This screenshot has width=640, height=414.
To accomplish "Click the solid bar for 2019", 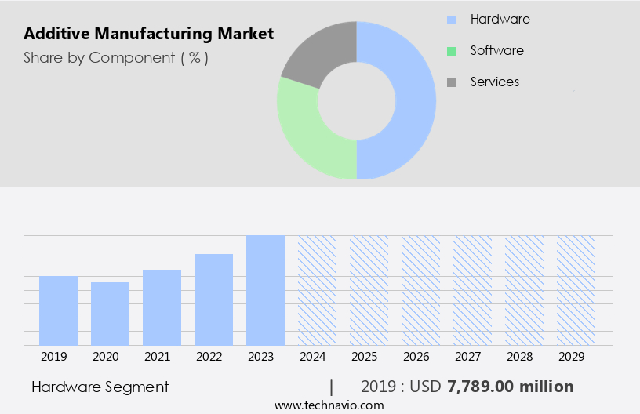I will coord(58,310).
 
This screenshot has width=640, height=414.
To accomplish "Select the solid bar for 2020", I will coord(110,314).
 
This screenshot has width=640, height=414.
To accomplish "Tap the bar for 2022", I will coord(213,300).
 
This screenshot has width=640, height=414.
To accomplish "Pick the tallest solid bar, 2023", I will coord(265,290).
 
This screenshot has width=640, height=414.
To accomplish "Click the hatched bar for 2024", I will coord(317,290).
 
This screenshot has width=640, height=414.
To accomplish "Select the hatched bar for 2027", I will coord(472,290).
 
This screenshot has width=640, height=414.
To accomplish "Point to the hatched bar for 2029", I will coord(576,290).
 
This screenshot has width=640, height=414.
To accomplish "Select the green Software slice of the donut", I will coord(306,133).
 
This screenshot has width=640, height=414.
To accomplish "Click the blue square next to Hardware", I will coord(451,20).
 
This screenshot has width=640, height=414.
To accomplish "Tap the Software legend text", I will coord(496,50).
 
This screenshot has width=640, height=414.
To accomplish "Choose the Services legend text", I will coord(494,82).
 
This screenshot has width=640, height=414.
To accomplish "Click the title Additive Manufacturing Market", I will coord(149,34).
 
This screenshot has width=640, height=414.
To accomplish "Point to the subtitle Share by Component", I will coord(116,57).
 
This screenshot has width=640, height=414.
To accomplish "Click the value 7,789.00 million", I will coord(510,387).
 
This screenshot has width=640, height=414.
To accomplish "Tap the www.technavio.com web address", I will coord(329,405).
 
